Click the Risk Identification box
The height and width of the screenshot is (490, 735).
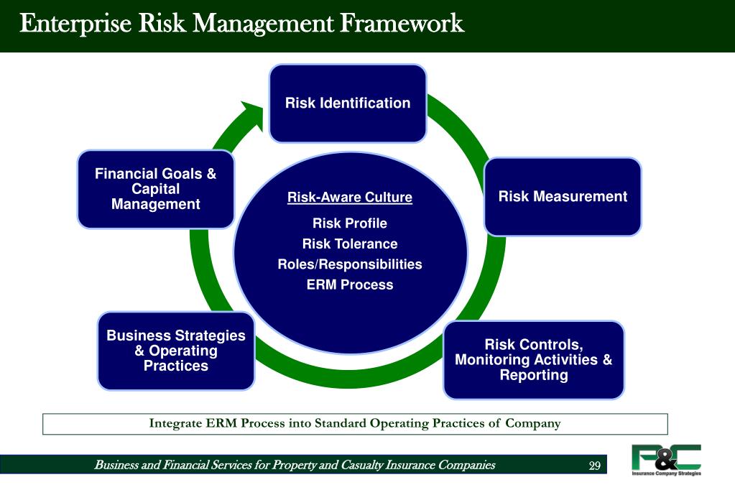click(x=348, y=103)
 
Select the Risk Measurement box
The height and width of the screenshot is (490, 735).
click(x=563, y=196)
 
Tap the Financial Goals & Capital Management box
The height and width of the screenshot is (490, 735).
click(x=155, y=189)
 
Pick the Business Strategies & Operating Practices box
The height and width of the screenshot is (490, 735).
click(x=176, y=351)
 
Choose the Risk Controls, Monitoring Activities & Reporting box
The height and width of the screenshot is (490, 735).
click(x=533, y=360)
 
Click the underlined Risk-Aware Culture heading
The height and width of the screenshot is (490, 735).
click(x=350, y=198)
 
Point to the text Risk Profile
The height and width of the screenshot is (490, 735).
click(x=350, y=223)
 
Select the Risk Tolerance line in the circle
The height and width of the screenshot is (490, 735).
click(x=350, y=244)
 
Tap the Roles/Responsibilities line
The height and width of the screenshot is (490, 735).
click(x=350, y=264)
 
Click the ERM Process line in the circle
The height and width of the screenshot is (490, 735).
click(x=350, y=285)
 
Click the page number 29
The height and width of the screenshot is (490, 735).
click(x=594, y=466)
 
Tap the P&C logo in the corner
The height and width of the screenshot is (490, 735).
click(x=666, y=457)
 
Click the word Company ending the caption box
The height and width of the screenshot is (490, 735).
click(x=532, y=423)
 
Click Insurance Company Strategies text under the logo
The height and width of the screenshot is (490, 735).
click(x=666, y=473)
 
